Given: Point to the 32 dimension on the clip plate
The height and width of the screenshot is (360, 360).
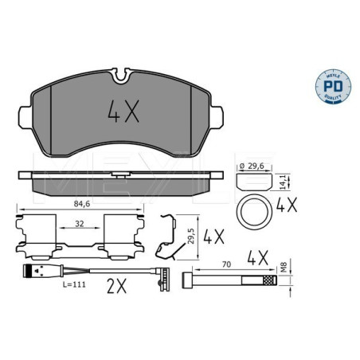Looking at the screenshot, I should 79,224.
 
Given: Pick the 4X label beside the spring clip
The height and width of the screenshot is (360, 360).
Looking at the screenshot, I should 214,237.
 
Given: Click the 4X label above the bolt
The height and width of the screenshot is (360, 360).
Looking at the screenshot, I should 256,258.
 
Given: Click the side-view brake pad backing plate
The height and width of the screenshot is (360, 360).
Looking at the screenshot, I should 119,174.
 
